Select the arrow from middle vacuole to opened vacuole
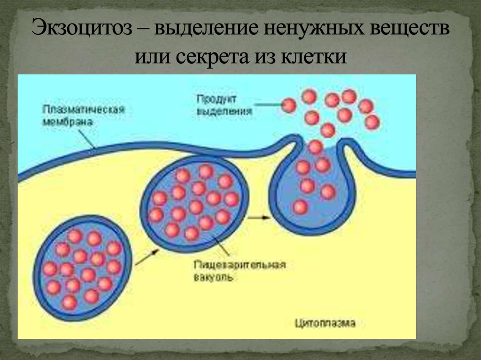tap(258, 217)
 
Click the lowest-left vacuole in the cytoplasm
tap(83, 268)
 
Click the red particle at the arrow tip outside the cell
tap(290, 106)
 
